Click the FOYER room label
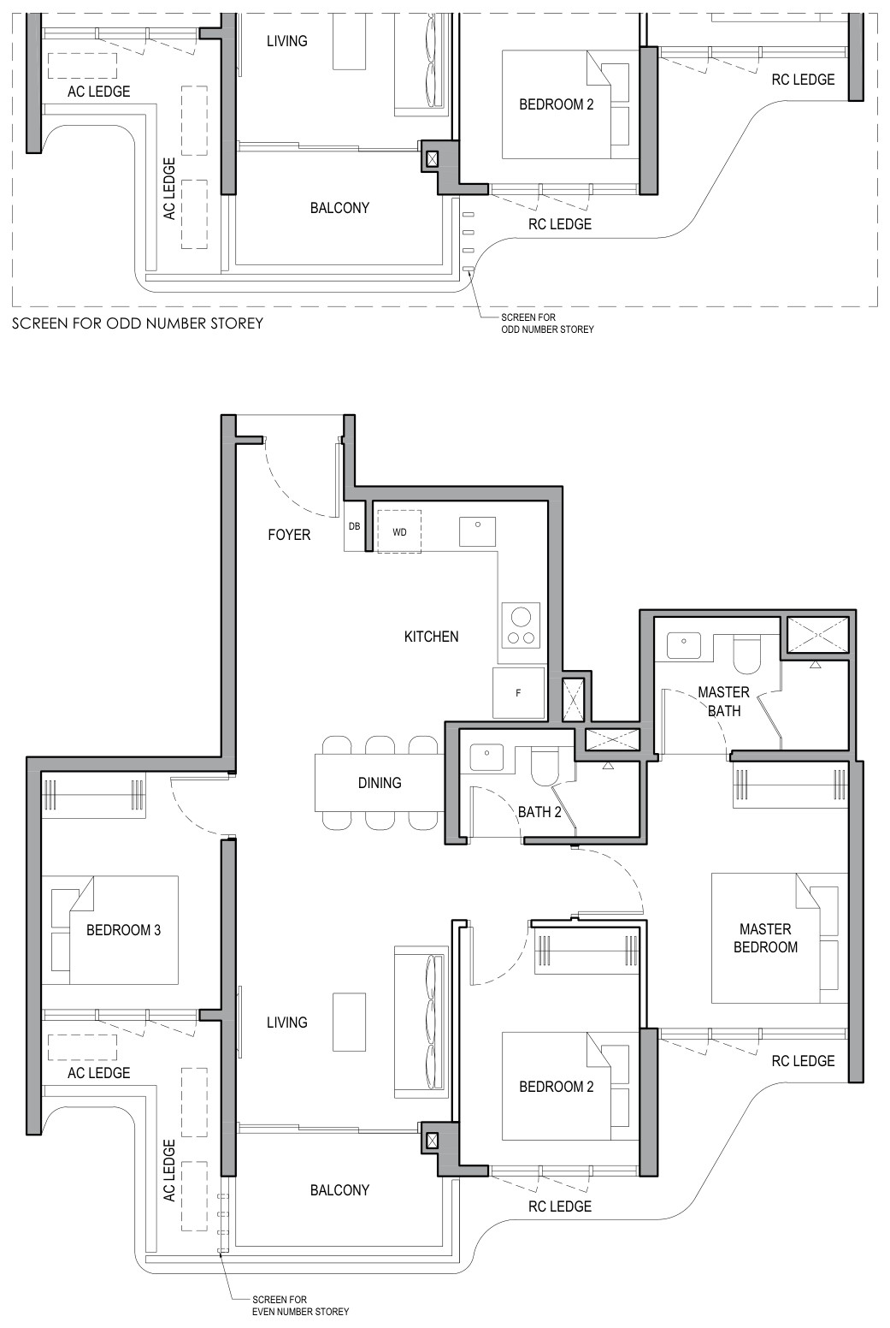(x=289, y=535)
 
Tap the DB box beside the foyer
(x=354, y=526)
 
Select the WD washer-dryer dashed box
(x=399, y=531)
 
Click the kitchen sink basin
(x=478, y=531)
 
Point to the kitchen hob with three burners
(x=522, y=625)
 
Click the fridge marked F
(x=518, y=692)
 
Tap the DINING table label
(x=380, y=783)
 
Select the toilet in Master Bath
(x=746, y=655)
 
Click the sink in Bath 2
(x=486, y=757)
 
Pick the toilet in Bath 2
(x=544, y=767)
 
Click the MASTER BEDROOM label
(x=765, y=938)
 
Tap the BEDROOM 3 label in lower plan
(x=123, y=929)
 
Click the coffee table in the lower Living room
(x=349, y=1022)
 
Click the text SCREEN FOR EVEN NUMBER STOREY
(x=300, y=1306)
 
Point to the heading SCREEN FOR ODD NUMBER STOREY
(x=138, y=323)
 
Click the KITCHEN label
(x=432, y=637)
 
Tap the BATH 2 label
(x=539, y=812)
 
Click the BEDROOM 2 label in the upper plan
(x=557, y=105)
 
